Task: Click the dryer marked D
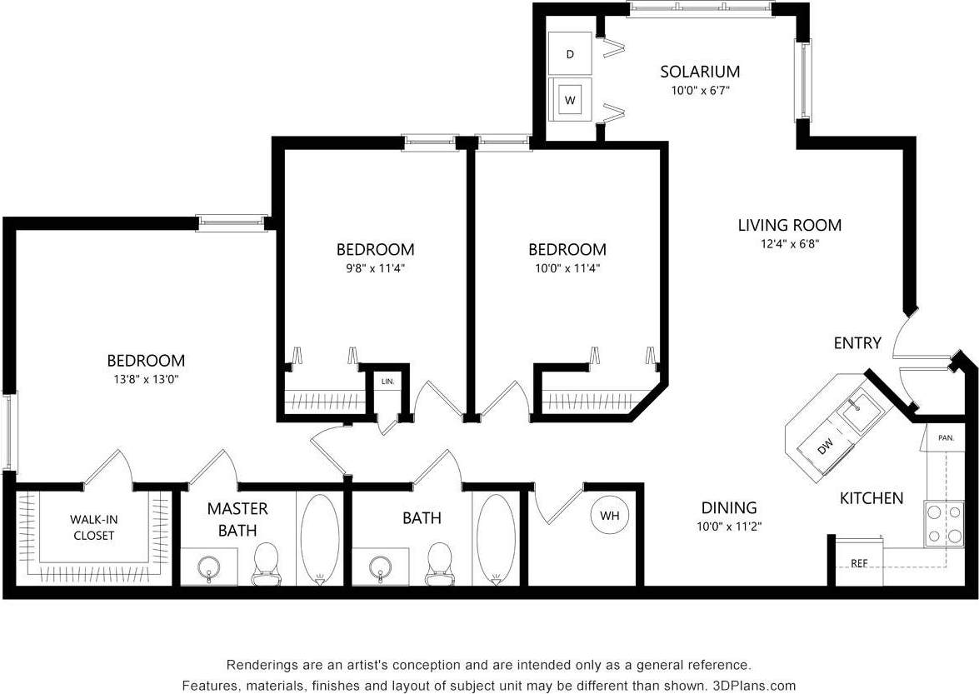point(570,54)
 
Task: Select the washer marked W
point(570,100)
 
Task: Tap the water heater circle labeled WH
point(610,516)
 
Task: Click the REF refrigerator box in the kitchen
point(859,562)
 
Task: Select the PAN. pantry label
point(946,437)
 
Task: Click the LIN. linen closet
point(387,382)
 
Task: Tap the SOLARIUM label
point(700,72)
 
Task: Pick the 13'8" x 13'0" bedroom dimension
point(146,379)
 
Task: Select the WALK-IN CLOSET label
point(93,527)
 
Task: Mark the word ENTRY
point(857,343)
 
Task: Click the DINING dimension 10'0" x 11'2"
point(728,527)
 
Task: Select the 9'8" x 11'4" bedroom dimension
point(375,268)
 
